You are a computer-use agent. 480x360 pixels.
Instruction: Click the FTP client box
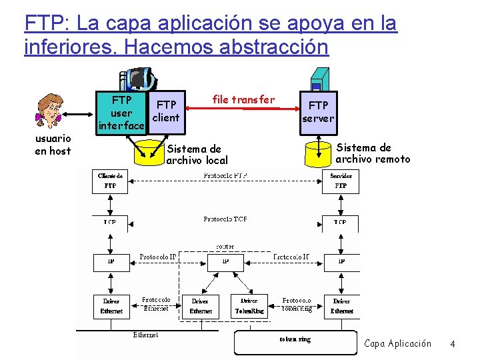[165, 111]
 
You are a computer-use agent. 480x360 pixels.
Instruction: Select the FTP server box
[318, 111]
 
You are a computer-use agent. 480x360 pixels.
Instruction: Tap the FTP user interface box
[121, 113]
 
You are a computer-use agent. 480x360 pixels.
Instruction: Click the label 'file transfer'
[243, 99]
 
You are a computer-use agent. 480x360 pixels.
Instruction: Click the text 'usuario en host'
[53, 145]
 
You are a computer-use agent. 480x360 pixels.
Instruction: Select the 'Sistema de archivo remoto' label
[373, 153]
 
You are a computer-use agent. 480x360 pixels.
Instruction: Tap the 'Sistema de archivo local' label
[197, 154]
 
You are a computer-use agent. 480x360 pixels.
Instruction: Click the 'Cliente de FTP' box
[109, 181]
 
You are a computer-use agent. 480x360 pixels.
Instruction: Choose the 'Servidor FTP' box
[341, 181]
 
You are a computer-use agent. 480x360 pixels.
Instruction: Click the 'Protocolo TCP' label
[225, 219]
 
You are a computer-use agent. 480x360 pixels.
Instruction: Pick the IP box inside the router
[225, 262]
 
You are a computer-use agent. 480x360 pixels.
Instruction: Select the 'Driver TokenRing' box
[249, 306]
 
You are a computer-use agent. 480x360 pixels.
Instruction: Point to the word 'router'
[225, 247]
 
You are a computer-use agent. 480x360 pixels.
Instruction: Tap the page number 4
[453, 344]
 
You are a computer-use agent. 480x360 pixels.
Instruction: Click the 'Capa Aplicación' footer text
[397, 343]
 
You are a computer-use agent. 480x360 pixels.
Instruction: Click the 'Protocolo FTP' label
[225, 176]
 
